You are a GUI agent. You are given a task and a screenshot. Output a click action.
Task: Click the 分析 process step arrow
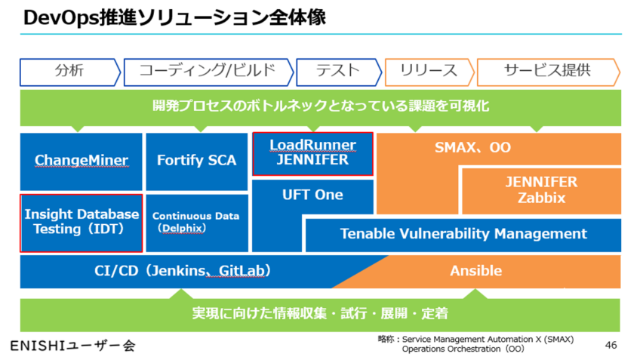[69, 72]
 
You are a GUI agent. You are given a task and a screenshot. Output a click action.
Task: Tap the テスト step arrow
[338, 72]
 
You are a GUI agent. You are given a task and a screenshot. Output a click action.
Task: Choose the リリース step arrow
[428, 72]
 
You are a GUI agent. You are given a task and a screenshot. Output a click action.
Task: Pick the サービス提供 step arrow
[546, 72]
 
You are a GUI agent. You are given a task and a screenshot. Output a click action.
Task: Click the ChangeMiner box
[81, 161]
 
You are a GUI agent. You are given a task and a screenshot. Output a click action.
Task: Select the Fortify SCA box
[196, 161]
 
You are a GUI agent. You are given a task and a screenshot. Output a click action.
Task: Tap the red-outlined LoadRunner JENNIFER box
[312, 152]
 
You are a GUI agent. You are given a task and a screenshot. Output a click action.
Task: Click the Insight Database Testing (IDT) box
[82, 222]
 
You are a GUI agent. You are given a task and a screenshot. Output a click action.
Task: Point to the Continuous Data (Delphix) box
[196, 222]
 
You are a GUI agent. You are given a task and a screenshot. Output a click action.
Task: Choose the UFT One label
[312, 195]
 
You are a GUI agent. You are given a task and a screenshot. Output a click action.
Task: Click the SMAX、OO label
[472, 147]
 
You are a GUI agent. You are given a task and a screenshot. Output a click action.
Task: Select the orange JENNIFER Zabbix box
[541, 190]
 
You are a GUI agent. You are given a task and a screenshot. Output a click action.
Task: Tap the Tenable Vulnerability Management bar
[463, 234]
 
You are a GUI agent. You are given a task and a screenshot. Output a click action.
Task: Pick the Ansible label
[475, 270]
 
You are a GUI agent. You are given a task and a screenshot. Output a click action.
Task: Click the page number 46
[611, 345]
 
